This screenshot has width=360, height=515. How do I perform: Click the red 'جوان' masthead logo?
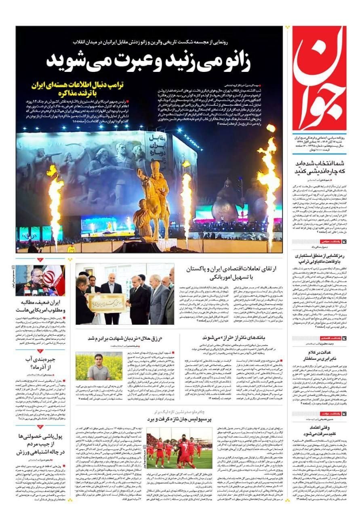(x=319, y=79)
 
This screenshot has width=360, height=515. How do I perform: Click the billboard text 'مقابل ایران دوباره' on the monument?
(x=158, y=149)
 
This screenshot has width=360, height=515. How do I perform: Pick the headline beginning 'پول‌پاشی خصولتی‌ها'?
(x=39, y=444)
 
